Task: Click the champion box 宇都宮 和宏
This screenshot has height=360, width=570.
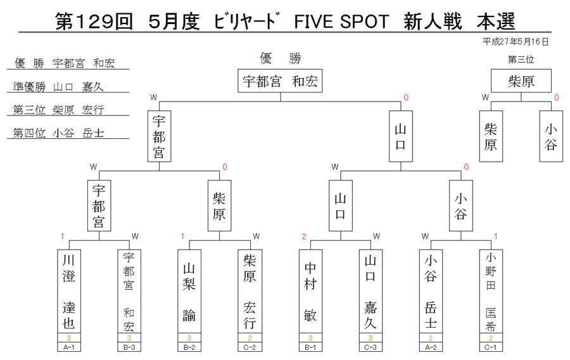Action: point(280,80)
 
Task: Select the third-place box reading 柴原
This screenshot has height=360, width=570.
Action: point(521,80)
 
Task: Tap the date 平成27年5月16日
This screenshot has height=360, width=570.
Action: point(516,42)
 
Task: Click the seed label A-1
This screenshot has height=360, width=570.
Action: point(69,347)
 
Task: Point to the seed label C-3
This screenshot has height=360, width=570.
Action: point(370,347)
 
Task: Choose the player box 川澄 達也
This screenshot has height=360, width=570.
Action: point(69,292)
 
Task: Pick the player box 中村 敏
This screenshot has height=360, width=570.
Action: point(310,292)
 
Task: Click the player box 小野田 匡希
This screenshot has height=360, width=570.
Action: point(491,292)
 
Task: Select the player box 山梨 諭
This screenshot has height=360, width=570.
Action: point(189,292)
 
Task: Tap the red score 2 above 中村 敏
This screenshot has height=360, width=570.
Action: point(304,236)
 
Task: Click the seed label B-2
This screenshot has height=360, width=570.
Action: point(189,347)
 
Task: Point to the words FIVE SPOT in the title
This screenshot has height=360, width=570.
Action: point(341,22)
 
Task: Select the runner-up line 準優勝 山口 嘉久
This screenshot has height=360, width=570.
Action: point(58,87)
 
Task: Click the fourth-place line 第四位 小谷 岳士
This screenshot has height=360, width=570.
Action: point(58,132)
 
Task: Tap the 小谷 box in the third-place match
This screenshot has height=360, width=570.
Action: point(551,136)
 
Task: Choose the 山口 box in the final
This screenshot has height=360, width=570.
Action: point(401,136)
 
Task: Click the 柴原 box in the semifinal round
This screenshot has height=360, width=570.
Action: point(219,206)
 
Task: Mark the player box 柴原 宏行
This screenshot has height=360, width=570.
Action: point(250,292)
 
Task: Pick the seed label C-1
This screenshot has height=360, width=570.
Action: point(491,347)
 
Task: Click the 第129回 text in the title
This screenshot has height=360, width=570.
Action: point(94,22)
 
